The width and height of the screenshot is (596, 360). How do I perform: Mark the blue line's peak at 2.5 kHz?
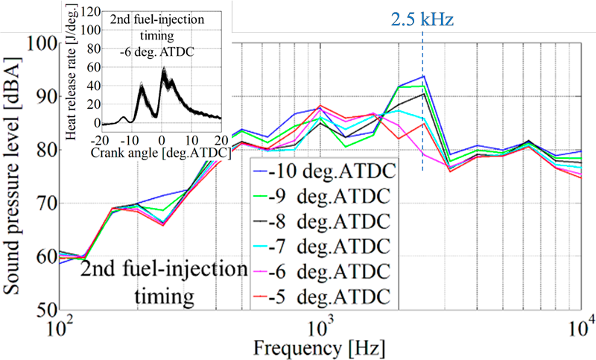coord(424,76)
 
